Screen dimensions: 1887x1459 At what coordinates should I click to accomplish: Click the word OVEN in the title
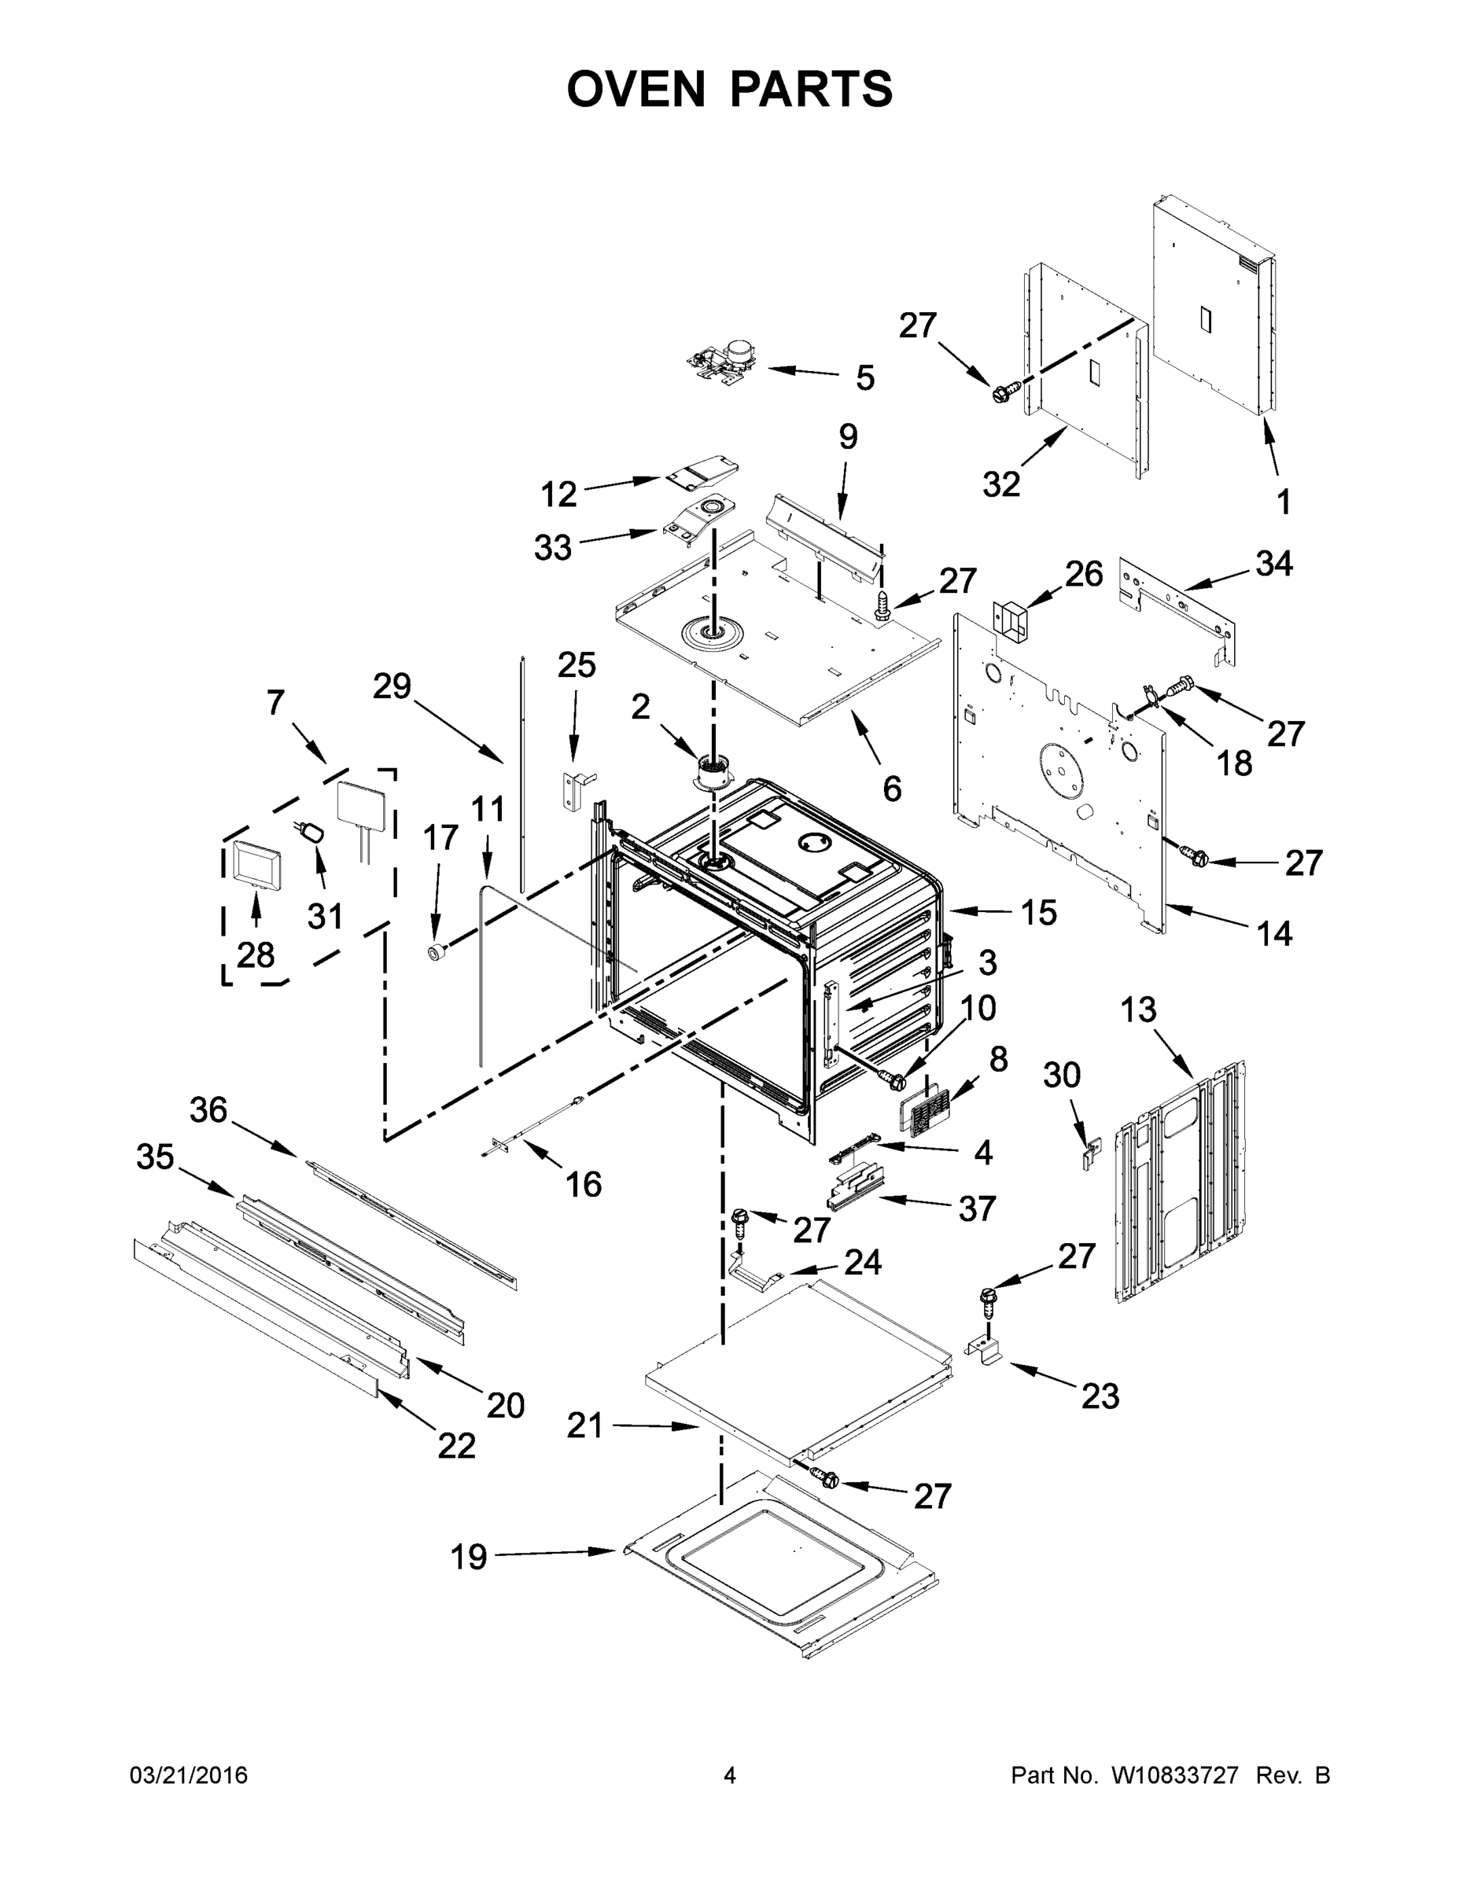click(636, 89)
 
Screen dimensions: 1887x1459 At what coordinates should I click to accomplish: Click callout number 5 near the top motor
click(864, 377)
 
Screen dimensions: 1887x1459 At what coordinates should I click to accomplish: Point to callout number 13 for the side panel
click(1138, 1010)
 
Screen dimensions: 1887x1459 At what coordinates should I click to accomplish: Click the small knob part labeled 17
click(437, 951)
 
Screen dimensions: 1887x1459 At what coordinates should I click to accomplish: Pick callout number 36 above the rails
click(208, 1110)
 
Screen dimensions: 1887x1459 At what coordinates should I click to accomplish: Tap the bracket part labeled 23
click(985, 1348)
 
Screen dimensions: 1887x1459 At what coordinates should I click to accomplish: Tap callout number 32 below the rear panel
click(1001, 484)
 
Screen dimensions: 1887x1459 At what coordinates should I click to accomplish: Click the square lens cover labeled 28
click(254, 863)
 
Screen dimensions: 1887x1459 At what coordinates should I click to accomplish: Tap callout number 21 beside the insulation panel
click(584, 1425)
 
